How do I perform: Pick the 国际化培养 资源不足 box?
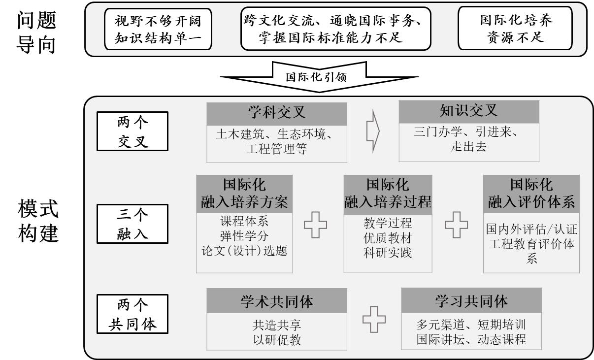coord(512,29)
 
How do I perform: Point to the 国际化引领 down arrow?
coord(319,77)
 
